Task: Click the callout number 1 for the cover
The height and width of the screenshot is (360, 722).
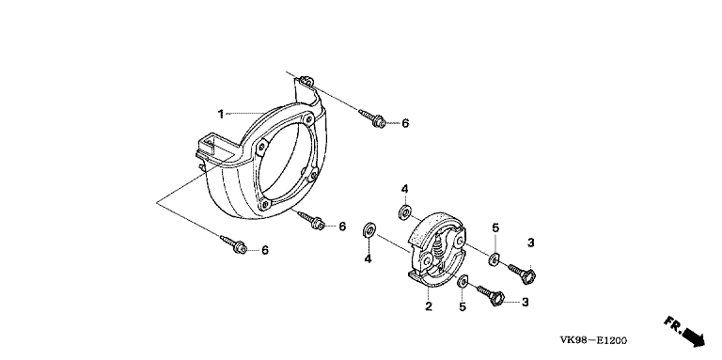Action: pyautogui.click(x=221, y=114)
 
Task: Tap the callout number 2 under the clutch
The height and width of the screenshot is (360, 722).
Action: pyautogui.click(x=429, y=306)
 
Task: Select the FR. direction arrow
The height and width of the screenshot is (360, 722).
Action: pyautogui.click(x=684, y=331)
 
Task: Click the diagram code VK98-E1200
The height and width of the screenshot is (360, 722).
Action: pyautogui.click(x=593, y=340)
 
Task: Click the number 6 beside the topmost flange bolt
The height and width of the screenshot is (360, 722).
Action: pyautogui.click(x=405, y=123)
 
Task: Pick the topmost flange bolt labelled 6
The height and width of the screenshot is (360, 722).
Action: pyautogui.click(x=372, y=118)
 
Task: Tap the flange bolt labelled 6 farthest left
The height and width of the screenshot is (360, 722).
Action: pyautogui.click(x=234, y=244)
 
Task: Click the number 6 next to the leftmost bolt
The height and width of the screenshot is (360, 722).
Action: pyautogui.click(x=265, y=250)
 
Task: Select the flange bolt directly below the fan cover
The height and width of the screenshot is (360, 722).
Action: pyautogui.click(x=311, y=220)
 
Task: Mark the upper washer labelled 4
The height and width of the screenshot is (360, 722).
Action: pyautogui.click(x=405, y=212)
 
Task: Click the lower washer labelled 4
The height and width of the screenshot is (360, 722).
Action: pyautogui.click(x=369, y=230)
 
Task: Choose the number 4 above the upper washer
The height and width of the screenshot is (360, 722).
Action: pyautogui.click(x=404, y=189)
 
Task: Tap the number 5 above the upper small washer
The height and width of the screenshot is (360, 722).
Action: pyautogui.click(x=495, y=227)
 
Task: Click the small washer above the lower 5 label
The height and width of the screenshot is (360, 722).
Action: pyautogui.click(x=463, y=281)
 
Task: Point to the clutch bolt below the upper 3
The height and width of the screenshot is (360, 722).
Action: pyautogui.click(x=522, y=272)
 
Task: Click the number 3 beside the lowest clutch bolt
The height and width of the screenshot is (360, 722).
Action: pyautogui.click(x=525, y=302)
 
